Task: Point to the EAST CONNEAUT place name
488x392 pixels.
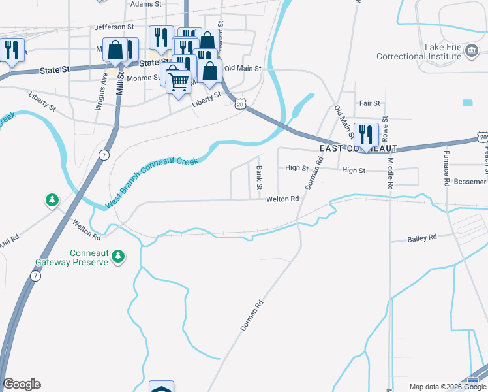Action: coord(355,149)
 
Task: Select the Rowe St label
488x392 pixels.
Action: coord(386,128)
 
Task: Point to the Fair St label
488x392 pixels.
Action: coord(369,103)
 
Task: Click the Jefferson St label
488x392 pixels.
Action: coord(114,27)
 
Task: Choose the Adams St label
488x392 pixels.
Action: coord(145,4)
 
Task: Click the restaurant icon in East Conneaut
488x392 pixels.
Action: coord(366,135)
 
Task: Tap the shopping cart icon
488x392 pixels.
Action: coord(178,82)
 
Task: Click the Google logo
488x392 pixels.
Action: coord(22,384)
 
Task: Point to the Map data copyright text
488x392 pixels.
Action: coord(448,387)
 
